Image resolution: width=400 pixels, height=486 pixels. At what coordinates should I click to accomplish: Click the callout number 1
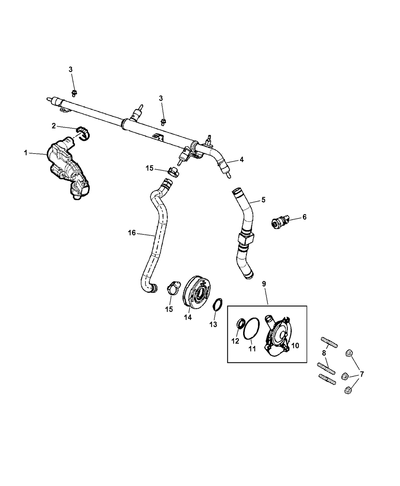26,153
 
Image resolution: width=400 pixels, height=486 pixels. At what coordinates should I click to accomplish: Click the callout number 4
242,160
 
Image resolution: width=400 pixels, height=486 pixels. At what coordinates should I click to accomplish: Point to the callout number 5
263,200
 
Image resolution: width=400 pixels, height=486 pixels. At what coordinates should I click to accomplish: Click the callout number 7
362,374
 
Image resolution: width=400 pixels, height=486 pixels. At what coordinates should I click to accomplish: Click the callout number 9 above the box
264,284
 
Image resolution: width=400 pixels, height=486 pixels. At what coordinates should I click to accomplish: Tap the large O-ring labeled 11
251,328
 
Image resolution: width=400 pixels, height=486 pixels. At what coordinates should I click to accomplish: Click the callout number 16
131,233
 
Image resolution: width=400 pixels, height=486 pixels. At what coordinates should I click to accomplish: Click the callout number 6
304,217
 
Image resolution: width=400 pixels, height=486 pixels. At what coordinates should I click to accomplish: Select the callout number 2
54,125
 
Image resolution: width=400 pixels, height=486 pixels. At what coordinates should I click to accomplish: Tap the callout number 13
213,324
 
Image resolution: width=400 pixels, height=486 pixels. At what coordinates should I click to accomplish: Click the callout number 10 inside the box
295,346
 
